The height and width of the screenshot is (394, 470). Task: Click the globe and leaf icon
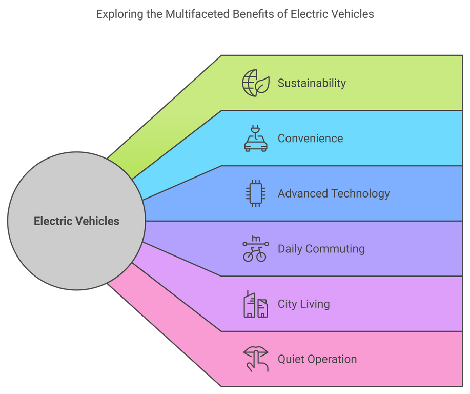click(255, 83)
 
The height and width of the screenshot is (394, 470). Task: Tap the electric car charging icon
click(255, 139)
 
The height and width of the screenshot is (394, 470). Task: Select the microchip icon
click(255, 194)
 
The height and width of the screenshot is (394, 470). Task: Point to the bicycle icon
click(255, 249)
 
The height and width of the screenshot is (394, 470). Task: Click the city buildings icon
click(255, 304)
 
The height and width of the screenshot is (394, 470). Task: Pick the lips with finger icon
click(255, 359)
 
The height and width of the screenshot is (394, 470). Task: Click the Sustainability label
click(312, 83)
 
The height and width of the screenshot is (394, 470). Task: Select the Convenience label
click(310, 139)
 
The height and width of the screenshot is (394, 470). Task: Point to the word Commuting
click(336, 249)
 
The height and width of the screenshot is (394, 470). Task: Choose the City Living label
click(303, 304)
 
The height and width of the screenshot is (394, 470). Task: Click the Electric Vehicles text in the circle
click(76, 221)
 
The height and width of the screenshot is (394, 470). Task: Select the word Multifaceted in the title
click(197, 14)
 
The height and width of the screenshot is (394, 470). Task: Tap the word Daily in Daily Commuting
click(290, 249)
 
